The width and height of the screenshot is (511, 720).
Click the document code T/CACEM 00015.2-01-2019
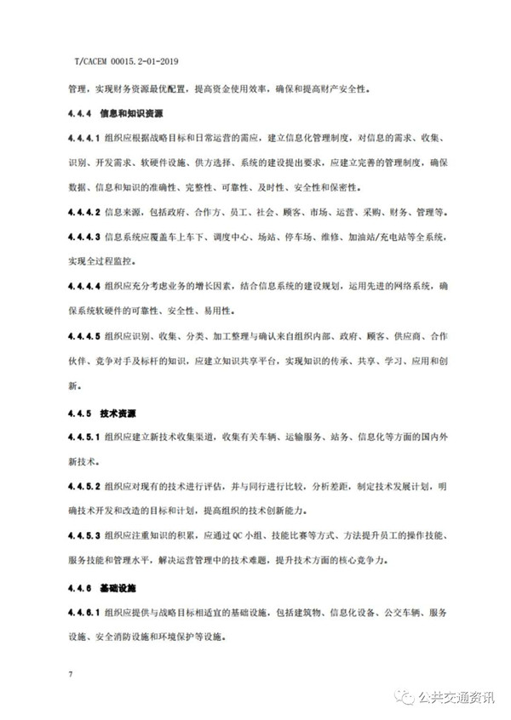[125, 61]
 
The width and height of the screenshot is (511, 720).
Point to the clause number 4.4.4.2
[84, 211]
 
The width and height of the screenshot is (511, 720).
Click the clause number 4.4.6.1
[84, 613]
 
